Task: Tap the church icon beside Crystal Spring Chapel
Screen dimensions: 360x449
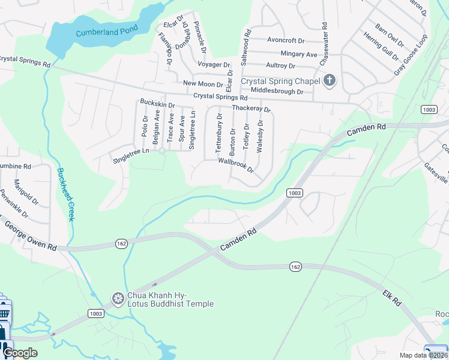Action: pyautogui.click(x=329, y=80)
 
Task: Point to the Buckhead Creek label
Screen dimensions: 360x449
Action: pyautogui.click(x=64, y=194)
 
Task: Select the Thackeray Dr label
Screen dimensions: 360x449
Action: pyautogui.click(x=252, y=109)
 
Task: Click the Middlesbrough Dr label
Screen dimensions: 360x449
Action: pyautogui.click(x=277, y=91)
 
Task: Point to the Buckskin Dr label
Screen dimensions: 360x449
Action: pyautogui.click(x=157, y=104)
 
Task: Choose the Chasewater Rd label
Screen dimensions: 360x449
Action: pyautogui.click(x=324, y=44)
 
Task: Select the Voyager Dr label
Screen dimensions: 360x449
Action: pyautogui.click(x=214, y=64)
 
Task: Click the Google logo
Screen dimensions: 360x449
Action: pyautogui.click(x=20, y=353)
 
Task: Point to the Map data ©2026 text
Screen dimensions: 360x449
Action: pyautogui.click(x=423, y=355)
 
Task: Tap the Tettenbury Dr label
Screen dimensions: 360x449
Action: pyautogui.click(x=219, y=133)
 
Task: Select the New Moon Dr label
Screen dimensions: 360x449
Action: pyautogui.click(x=203, y=84)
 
